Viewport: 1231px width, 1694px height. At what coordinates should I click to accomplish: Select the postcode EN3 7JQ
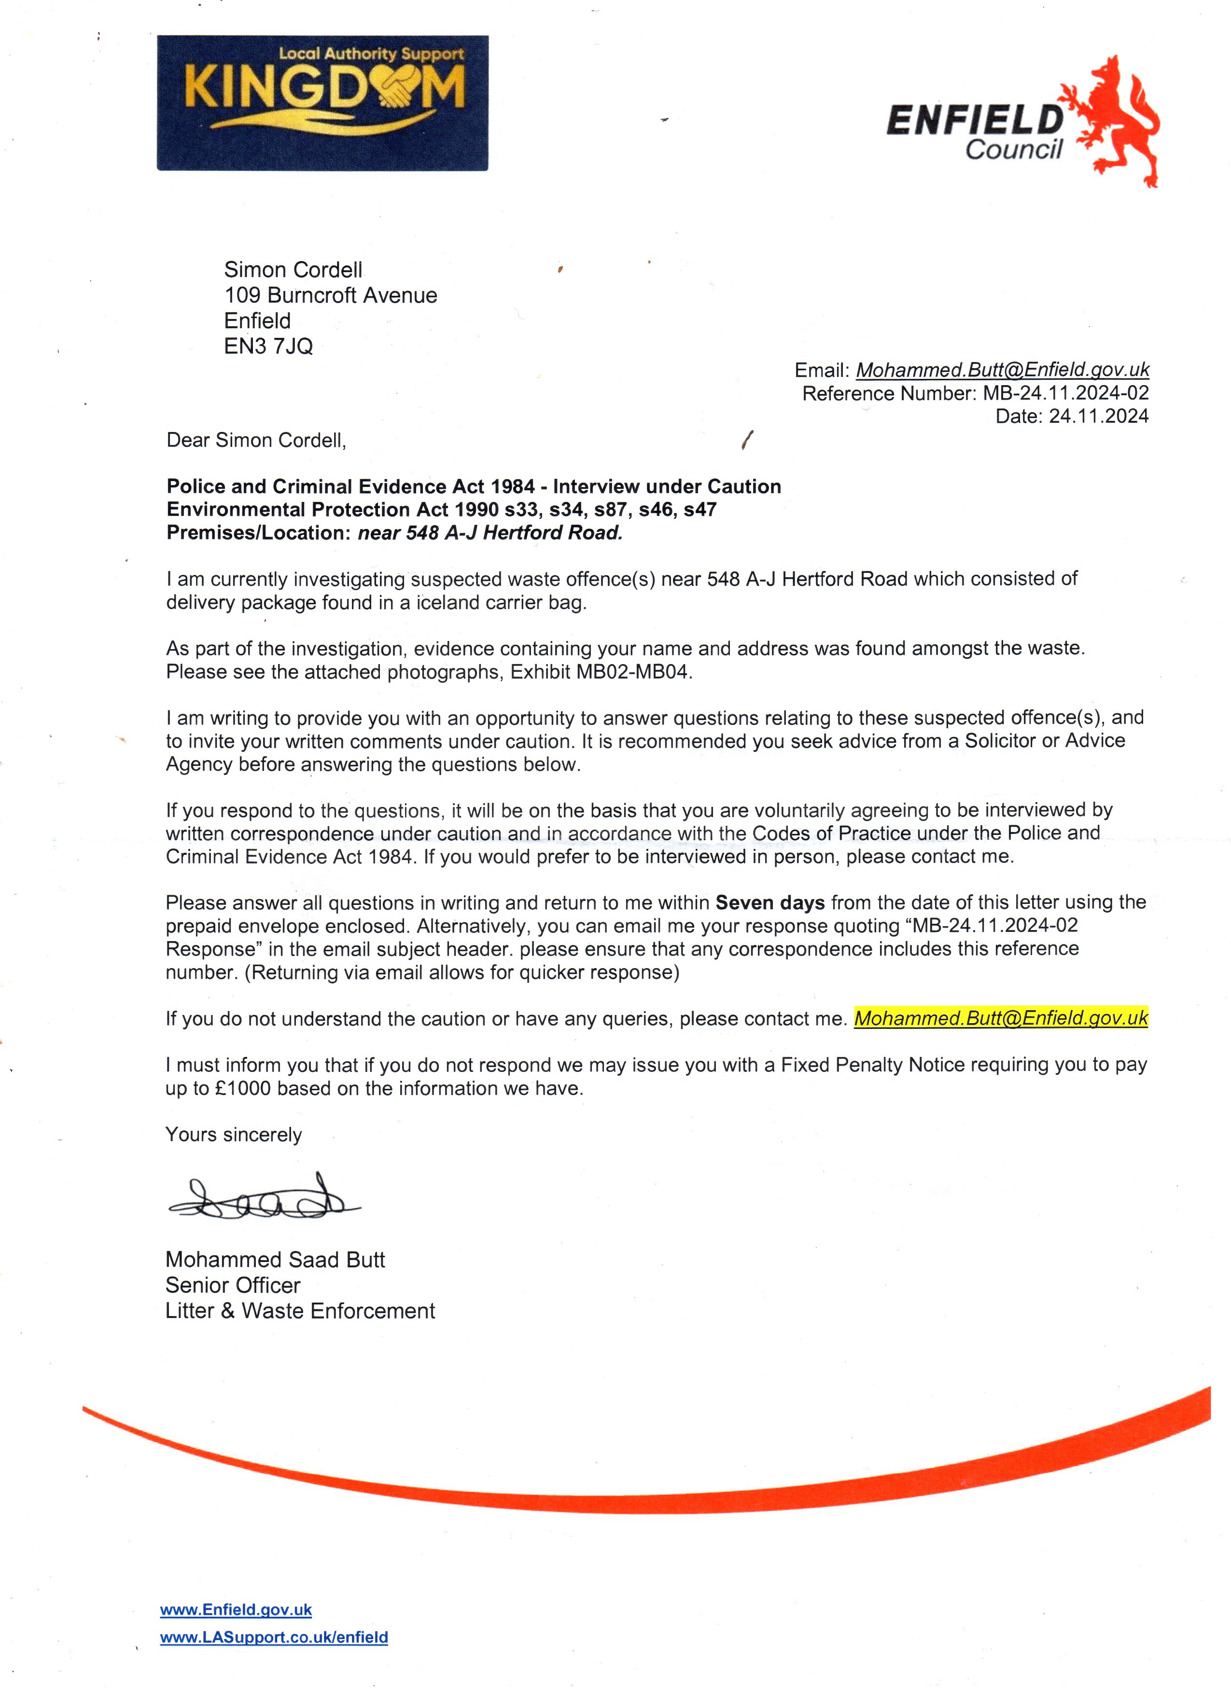268,347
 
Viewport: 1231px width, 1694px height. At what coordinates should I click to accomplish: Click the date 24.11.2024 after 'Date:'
1098,416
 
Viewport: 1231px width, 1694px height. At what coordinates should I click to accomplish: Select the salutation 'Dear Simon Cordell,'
256,440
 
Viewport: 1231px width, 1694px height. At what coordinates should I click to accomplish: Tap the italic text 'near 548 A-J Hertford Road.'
490,532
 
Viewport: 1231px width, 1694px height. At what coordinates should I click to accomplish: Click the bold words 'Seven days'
769,903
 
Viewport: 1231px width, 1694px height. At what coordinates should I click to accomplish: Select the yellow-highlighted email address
1001,1018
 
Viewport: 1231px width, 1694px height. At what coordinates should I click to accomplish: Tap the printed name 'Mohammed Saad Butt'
275,1260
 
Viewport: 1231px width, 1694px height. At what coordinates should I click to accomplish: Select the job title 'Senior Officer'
232,1285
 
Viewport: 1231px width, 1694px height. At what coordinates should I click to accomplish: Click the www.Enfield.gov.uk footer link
236,1610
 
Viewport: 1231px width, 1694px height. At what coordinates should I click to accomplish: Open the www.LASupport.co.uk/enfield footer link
274,1637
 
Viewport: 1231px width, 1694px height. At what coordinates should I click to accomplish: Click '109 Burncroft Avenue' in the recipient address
330,295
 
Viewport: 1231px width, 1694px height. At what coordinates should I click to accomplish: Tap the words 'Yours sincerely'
233,1135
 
